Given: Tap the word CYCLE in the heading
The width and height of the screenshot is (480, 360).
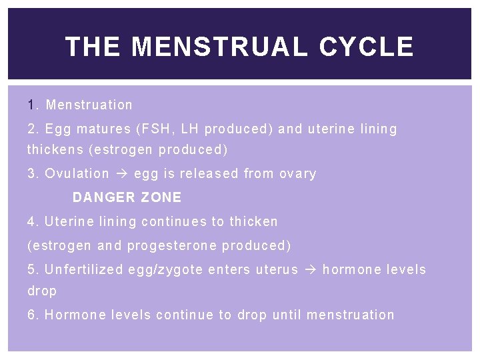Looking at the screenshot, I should (366, 47).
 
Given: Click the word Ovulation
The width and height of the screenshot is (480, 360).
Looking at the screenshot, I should (77, 173).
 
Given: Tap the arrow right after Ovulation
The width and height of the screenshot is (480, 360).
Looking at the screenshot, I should (121, 173).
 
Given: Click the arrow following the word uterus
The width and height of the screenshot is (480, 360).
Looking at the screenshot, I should (310, 269).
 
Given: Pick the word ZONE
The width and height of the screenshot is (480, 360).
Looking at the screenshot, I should (161, 197).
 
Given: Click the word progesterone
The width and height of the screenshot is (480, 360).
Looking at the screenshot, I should (171, 245).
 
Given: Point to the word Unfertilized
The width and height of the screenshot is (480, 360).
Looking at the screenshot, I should (84, 269).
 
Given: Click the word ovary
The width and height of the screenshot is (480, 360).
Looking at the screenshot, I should (298, 173).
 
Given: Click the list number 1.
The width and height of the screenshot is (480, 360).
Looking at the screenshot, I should (31, 105).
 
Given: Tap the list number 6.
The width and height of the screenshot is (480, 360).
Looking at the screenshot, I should (32, 315).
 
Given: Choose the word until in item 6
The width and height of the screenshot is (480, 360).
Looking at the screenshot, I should (287, 315).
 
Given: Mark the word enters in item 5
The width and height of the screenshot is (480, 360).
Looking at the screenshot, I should (229, 269).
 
